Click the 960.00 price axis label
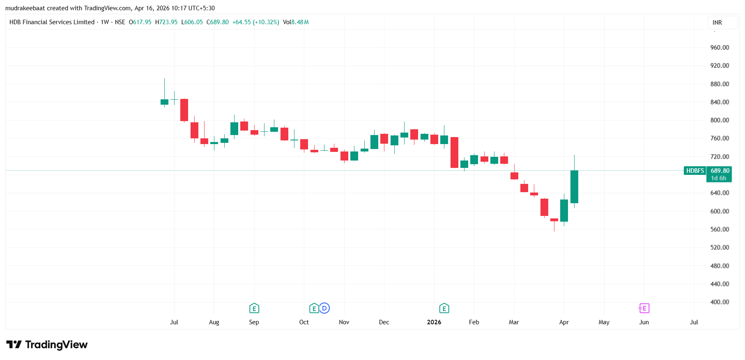pos(720,48)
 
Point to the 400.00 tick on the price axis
pos(720,302)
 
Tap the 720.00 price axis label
pos(720,157)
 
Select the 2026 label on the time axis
pos(434,322)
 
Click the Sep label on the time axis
pos(254,322)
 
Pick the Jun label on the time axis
pos(644,322)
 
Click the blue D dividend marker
pos(324,308)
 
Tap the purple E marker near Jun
pos(644,308)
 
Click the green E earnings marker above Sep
pos(254,308)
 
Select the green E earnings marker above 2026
pos(444,308)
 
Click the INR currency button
pos(717,23)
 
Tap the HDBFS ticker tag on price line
pos(694,171)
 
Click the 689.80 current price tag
pos(720,171)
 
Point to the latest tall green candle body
pos(574,187)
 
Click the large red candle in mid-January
pos(454,152)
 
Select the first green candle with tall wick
pos(164,102)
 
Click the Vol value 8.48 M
pos(300,22)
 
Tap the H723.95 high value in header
pos(166,22)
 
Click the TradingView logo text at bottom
pos(56,344)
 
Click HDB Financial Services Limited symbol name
pos(52,22)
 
